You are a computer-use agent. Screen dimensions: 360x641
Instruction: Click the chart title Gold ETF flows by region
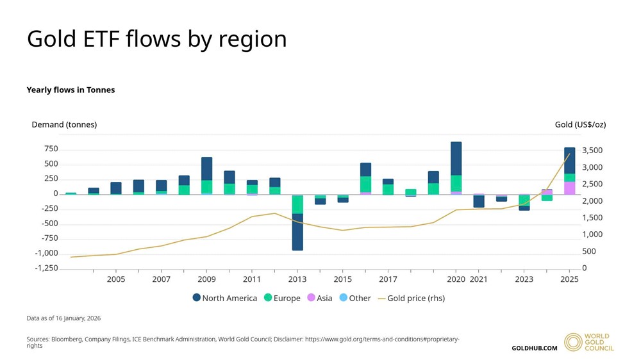[156, 39]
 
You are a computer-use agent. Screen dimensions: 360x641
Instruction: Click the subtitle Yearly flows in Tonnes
[71, 90]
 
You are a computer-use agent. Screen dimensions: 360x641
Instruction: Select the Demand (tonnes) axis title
[64, 124]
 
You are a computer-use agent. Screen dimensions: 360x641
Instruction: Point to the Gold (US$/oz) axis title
[580, 124]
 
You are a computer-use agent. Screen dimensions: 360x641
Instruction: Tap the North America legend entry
[225, 298]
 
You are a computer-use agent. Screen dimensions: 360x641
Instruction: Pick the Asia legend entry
[320, 298]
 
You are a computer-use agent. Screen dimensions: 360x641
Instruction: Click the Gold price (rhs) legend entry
[411, 298]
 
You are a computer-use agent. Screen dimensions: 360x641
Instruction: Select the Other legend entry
[355, 298]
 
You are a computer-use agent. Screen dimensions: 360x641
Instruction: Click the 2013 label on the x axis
[297, 279]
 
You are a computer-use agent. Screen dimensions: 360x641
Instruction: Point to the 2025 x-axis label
[569, 279]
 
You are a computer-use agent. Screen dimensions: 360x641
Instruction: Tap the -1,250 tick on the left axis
[46, 268]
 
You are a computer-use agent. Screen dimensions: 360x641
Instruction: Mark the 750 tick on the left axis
[51, 149]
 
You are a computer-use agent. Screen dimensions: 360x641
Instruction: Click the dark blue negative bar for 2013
[297, 231]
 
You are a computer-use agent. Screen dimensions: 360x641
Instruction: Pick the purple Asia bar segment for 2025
[569, 188]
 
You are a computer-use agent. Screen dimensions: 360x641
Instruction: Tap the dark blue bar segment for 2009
[206, 168]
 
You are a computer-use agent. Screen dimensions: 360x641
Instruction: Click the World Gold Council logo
[588, 342]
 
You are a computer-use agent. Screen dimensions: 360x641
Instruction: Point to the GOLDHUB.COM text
[534, 348]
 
